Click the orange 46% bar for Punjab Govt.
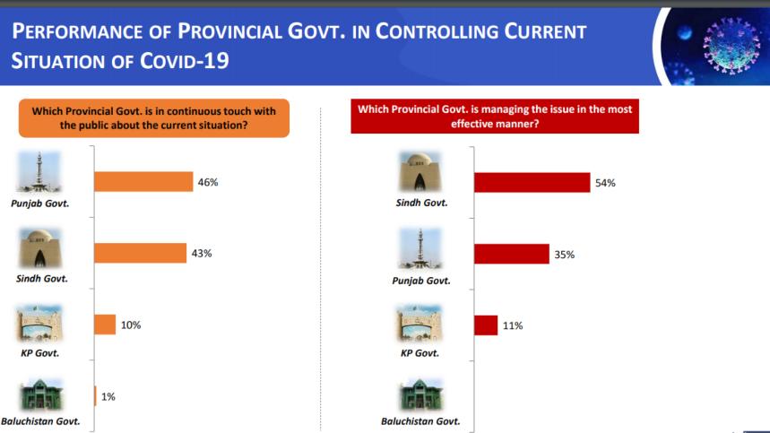pos(143,182)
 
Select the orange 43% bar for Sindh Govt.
pos(141,253)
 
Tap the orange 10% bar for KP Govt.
pos(105,325)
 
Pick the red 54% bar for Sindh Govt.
pos(532,183)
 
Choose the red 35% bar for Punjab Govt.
pos(512,254)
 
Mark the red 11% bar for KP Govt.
pos(486,325)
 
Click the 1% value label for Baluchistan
pos(108,396)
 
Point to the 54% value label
pos(605,183)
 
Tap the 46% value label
pos(208,182)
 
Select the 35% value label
pos(564,255)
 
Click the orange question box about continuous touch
pos(154,118)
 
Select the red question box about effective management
pos(495,117)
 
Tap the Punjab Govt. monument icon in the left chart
pos(39,172)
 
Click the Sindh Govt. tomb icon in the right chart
pos(420,171)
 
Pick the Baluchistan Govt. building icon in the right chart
pos(420,394)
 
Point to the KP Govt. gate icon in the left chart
pos(39,323)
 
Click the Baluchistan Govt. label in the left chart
pos(40,421)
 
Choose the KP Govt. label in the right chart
pos(420,353)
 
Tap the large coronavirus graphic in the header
pos(731,46)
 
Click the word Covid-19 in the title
pos(185,61)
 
